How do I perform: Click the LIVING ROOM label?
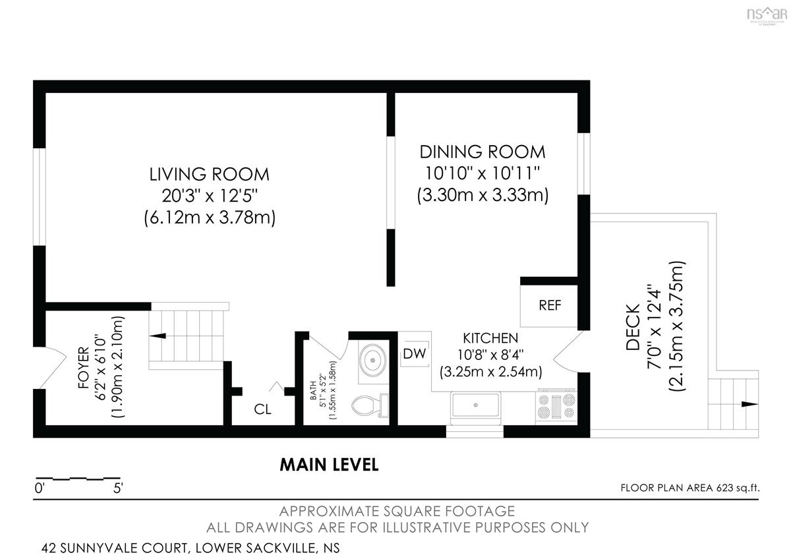click(210, 175)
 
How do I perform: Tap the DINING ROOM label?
click(483, 152)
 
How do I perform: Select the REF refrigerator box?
click(549, 305)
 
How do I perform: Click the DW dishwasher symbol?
click(415, 353)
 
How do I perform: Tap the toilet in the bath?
click(370, 405)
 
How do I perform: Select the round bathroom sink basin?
click(373, 361)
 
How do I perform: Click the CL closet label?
click(262, 409)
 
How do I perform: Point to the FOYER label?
click(84, 367)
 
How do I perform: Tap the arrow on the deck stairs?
click(749, 404)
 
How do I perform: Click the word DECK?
click(633, 327)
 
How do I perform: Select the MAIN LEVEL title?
click(329, 465)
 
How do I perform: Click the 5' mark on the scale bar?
click(118, 488)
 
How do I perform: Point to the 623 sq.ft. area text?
click(738, 488)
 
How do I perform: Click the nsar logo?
click(767, 15)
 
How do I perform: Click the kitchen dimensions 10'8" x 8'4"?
click(490, 355)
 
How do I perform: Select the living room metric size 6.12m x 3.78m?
click(210, 218)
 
